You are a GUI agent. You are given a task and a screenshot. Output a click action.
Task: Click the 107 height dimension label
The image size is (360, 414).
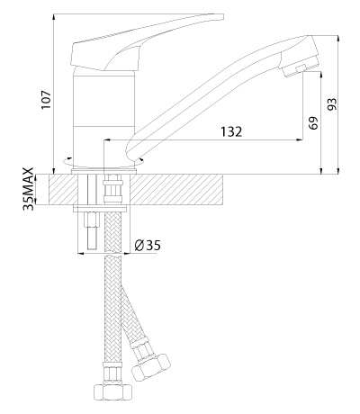[47, 100]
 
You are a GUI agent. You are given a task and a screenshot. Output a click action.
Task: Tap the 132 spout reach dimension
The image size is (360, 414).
[231, 131]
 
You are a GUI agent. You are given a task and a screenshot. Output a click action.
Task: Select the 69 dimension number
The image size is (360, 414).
[313, 122]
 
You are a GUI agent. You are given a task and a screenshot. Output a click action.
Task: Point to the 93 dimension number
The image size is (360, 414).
[332, 103]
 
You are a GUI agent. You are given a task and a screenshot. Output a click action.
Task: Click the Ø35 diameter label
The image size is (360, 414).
[148, 245]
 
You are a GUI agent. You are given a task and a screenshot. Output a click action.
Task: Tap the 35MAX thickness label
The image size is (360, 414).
[29, 189]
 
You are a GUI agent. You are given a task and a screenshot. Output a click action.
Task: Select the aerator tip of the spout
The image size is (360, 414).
[300, 67]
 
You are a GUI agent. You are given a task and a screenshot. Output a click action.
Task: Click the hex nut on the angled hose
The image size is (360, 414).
[150, 366]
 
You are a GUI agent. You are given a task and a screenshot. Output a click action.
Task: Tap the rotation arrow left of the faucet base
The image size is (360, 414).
[67, 160]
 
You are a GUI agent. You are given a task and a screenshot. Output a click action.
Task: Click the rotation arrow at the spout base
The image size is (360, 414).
[140, 161]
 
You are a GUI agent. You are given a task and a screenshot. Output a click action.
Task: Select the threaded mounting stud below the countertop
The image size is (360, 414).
[93, 230]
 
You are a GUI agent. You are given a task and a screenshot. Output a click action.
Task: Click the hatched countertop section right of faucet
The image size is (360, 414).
[177, 190]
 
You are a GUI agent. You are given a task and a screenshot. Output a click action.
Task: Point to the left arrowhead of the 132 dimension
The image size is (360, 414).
[107, 139]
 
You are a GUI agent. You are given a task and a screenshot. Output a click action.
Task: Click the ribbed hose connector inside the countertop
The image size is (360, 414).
[113, 190]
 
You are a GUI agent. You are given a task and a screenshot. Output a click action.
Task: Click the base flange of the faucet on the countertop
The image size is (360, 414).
[104, 172]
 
